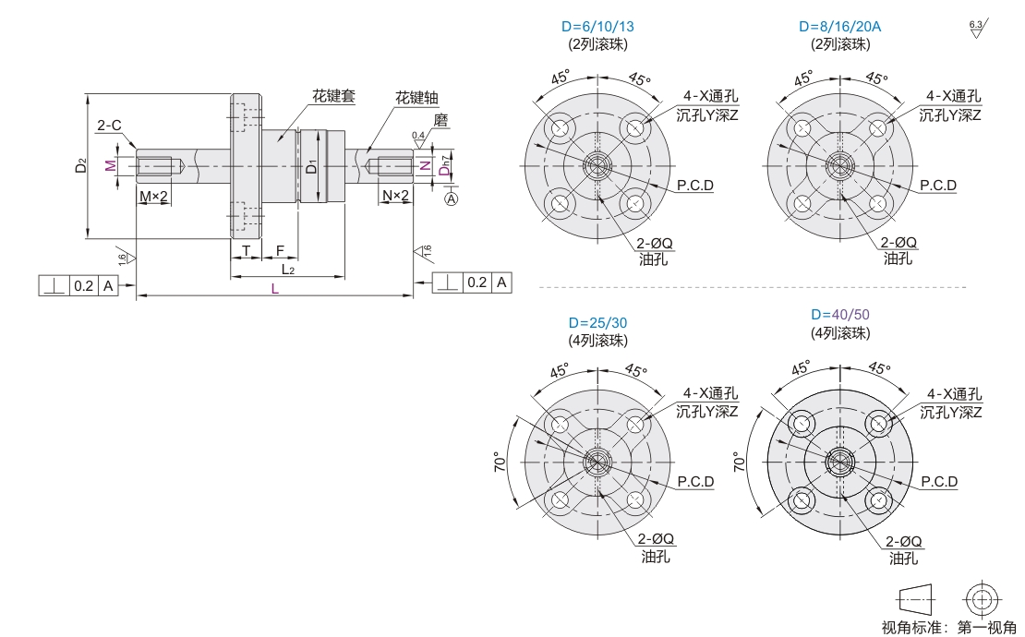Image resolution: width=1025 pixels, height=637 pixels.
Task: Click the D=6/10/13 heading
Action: click(x=597, y=26)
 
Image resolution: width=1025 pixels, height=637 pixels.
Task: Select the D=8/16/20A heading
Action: click(x=840, y=26)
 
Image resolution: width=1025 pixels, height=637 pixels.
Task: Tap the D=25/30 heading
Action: click(x=597, y=323)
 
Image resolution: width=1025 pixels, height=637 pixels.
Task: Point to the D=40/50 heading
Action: click(x=840, y=314)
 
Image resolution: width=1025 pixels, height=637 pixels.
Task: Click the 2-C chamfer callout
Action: click(x=109, y=125)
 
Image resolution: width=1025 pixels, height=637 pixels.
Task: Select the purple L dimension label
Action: click(x=275, y=289)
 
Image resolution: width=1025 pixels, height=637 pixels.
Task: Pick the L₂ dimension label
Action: click(x=288, y=270)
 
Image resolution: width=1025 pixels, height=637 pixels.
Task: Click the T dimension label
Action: click(x=247, y=250)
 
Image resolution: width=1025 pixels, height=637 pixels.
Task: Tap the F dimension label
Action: click(x=280, y=250)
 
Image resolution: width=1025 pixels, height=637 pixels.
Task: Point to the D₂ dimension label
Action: click(x=80, y=165)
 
